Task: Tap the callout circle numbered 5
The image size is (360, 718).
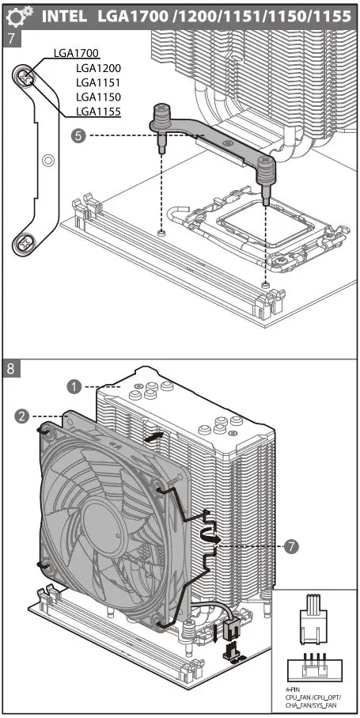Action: pyautogui.click(x=78, y=136)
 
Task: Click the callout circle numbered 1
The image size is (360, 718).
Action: pyautogui.click(x=74, y=386)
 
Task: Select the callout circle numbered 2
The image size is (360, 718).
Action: pyautogui.click(x=22, y=415)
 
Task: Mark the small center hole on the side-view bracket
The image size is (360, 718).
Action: pyautogui.click(x=48, y=160)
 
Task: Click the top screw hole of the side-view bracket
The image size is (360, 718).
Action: pyautogui.click(x=26, y=78)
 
